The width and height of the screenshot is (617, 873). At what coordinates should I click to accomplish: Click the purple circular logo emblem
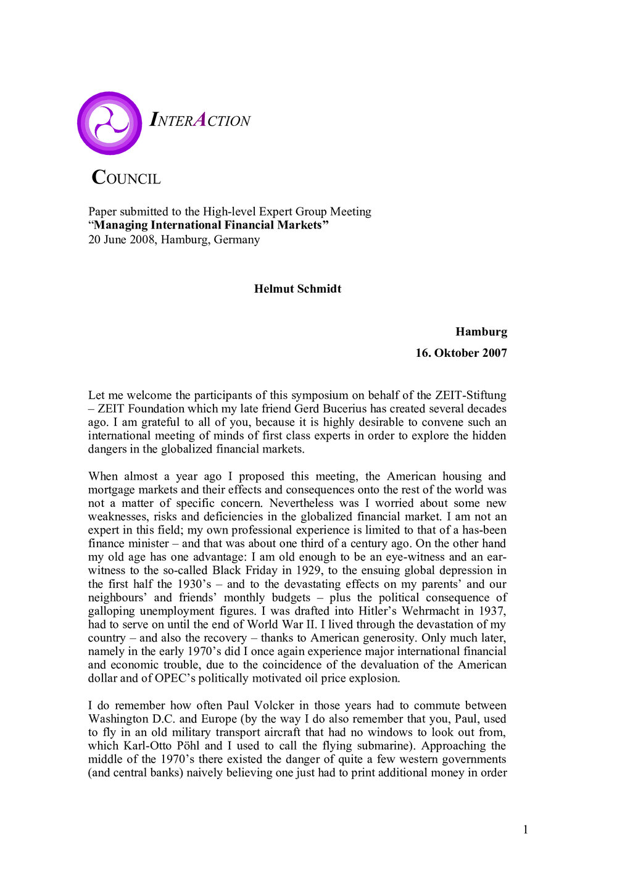110,123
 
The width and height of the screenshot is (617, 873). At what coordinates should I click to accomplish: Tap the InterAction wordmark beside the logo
200,120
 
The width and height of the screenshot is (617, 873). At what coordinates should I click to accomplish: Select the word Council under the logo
126,178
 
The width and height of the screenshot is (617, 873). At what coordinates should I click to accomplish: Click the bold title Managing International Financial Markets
209,225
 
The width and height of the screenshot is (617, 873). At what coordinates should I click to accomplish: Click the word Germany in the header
237,240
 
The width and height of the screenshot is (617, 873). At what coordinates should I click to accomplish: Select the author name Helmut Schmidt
297,289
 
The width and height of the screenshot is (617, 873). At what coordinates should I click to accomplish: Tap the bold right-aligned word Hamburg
481,332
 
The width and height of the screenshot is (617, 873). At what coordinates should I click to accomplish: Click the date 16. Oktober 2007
461,353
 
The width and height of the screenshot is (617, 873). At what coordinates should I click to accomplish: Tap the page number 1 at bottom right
526,830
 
